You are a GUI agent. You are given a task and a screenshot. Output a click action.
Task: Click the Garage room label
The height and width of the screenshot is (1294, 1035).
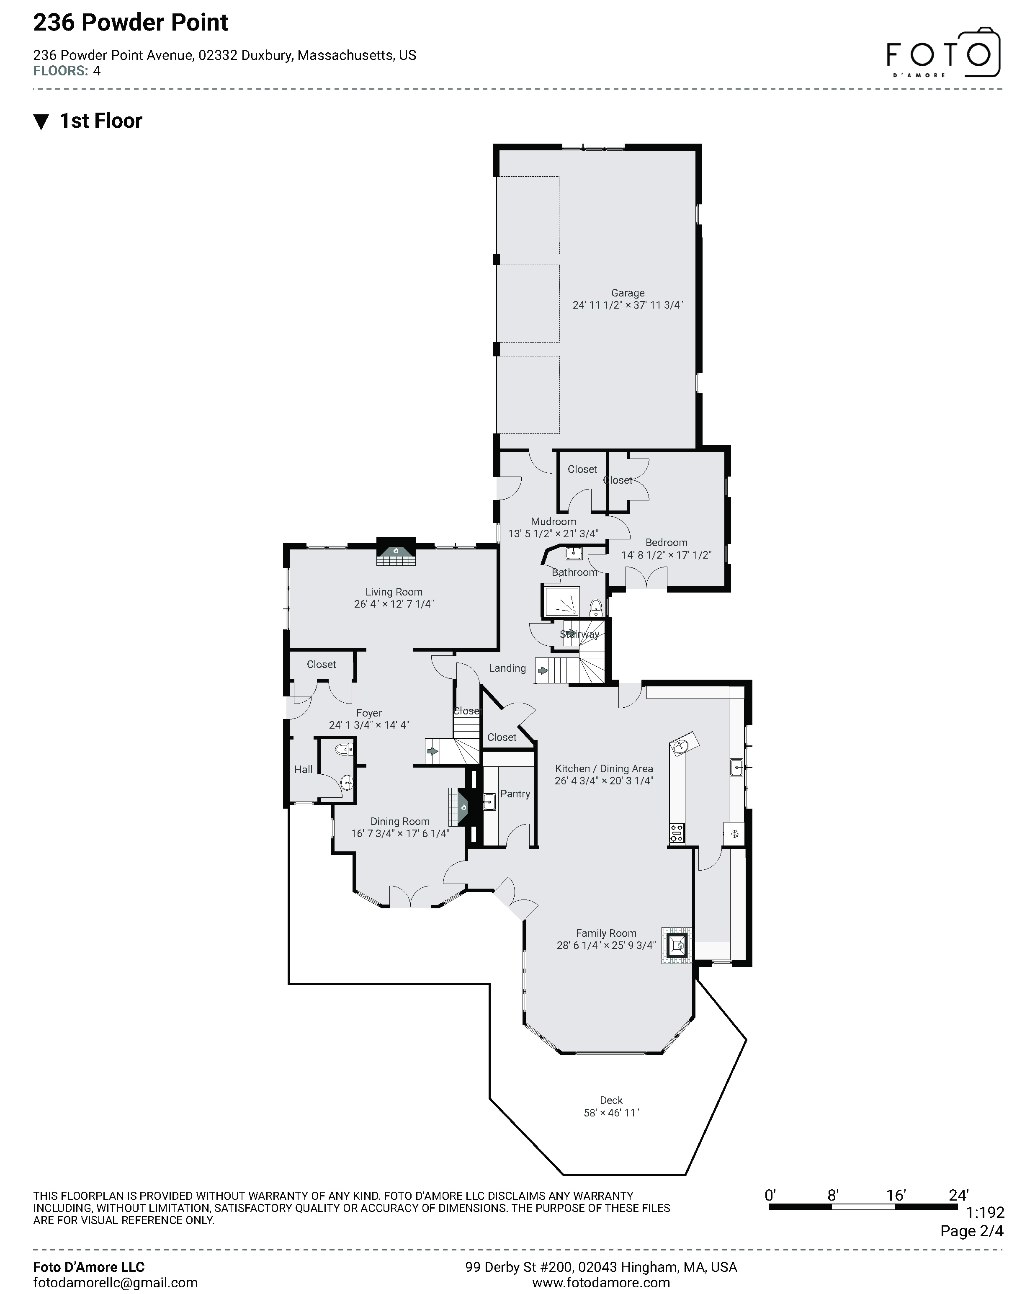(628, 293)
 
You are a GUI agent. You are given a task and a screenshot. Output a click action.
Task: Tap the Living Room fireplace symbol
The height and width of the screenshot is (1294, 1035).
(396, 550)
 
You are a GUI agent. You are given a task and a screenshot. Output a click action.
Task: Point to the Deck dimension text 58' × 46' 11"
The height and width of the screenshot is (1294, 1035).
(611, 1112)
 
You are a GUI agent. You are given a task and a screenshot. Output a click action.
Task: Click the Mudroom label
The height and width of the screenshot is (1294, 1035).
(553, 521)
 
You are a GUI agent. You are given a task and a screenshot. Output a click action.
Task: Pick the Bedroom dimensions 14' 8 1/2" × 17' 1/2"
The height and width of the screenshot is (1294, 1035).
(666, 555)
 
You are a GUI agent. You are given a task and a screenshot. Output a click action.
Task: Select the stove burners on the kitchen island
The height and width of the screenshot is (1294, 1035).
(677, 833)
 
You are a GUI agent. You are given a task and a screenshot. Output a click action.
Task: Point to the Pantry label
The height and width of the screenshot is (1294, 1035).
(515, 794)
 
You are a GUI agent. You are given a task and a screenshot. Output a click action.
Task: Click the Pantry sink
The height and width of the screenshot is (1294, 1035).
(489, 800)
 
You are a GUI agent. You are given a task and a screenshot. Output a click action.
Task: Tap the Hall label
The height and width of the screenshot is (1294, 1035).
(303, 769)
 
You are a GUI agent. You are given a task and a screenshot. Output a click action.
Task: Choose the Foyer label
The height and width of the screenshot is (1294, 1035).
(369, 713)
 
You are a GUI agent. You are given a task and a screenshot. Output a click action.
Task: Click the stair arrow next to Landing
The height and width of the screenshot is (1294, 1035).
(542, 670)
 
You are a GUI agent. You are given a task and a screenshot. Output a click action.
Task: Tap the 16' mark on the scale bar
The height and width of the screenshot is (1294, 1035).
(895, 1196)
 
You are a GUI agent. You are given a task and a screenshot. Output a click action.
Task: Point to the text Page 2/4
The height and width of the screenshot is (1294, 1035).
(971, 1231)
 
